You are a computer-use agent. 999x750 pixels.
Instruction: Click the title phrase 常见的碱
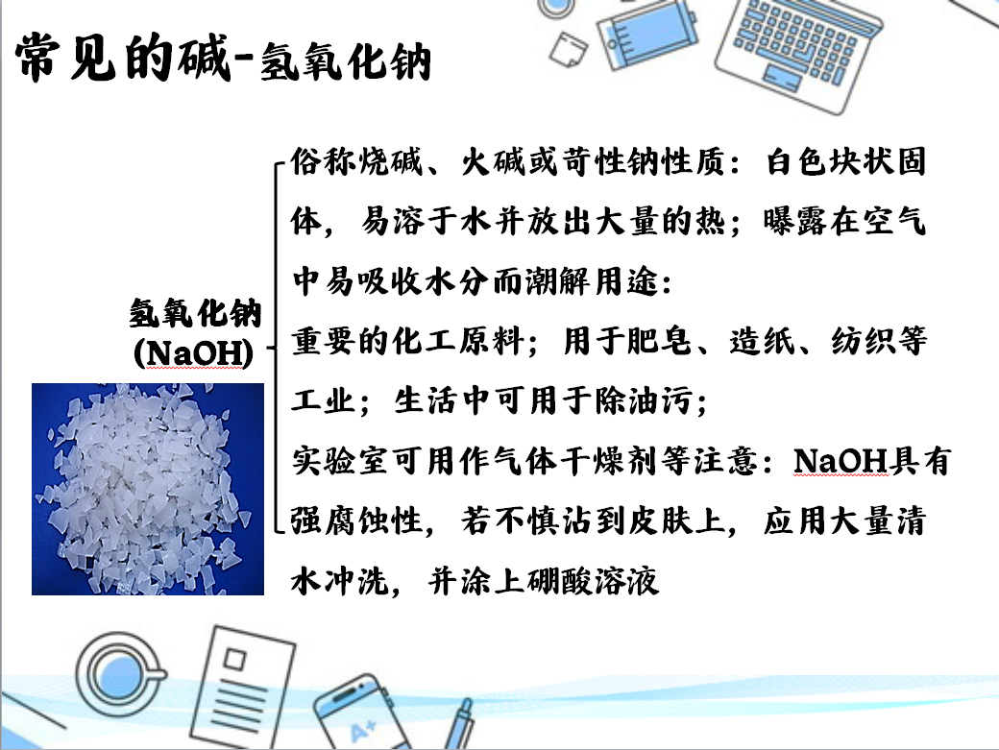(122, 59)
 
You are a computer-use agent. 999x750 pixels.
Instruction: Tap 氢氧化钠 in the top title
(346, 62)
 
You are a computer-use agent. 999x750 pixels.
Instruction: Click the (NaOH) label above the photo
(194, 352)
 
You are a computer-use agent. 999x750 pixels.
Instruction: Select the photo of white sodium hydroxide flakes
(148, 489)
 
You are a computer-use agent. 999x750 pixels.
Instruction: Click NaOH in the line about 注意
(841, 460)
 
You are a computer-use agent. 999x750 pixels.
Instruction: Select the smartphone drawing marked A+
(360, 714)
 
